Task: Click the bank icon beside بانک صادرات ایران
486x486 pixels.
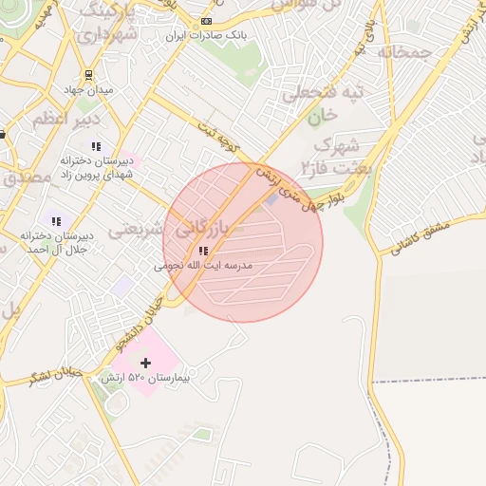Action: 207,21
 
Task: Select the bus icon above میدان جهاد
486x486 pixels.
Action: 88,74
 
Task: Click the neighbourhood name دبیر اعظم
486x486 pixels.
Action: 65,121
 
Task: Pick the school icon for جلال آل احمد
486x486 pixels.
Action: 55,221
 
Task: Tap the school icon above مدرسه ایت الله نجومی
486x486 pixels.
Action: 202,251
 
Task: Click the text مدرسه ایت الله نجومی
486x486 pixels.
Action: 204,267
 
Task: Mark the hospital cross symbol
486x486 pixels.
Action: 145,363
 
